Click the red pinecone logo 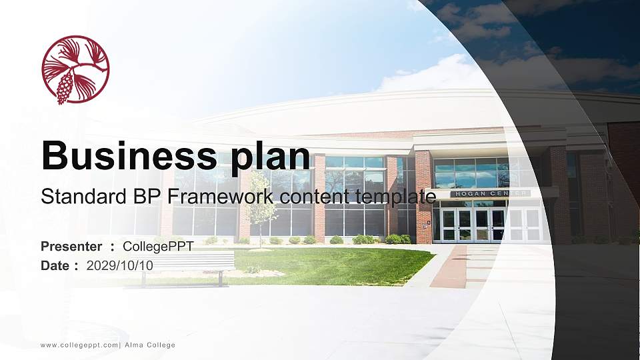pos(75,70)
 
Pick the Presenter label pos(71,247)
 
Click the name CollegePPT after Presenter pos(158,247)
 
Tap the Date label pos(55,265)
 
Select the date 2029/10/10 pos(119,265)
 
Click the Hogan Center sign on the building pos(490,193)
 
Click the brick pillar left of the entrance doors pos(423,200)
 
